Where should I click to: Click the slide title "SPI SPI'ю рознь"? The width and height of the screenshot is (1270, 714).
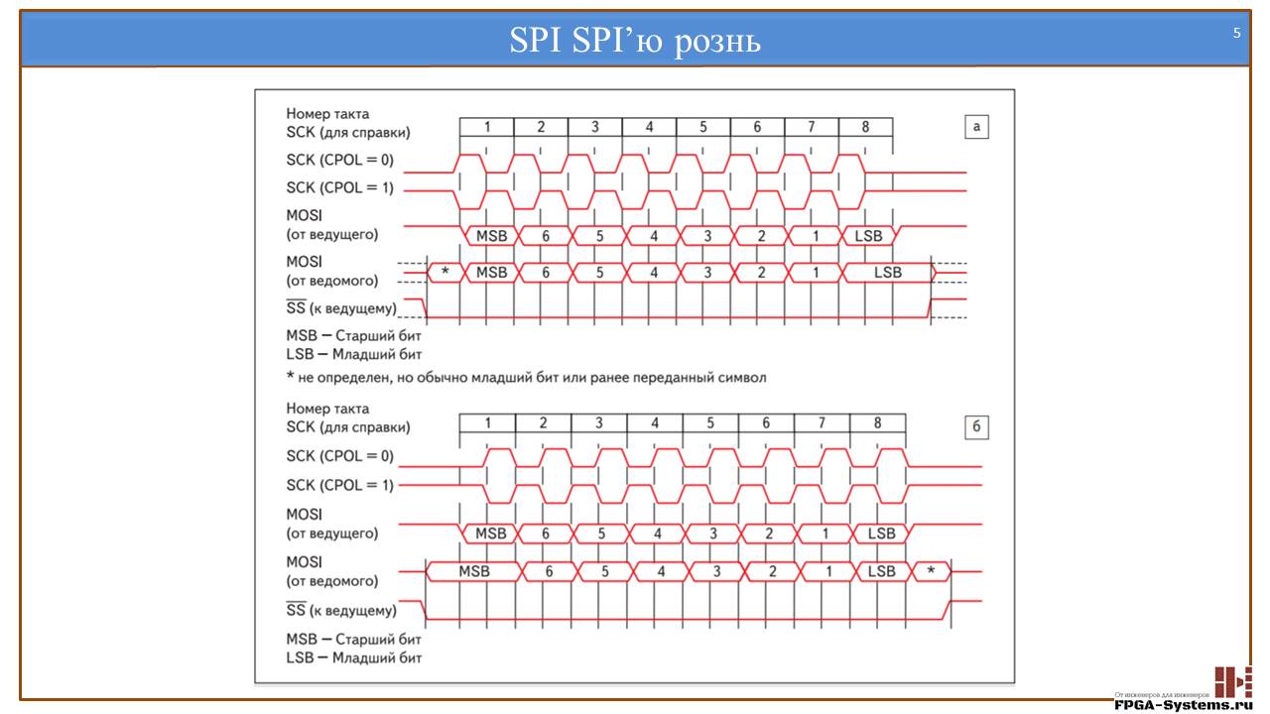tap(634, 40)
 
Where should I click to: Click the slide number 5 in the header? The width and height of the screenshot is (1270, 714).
tap(1236, 33)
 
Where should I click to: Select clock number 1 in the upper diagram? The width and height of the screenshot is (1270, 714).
tap(487, 127)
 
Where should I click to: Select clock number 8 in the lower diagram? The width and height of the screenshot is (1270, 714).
tap(877, 423)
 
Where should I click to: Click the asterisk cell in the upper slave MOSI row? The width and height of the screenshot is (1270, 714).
tap(445, 272)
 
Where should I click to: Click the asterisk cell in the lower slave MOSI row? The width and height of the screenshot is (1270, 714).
tap(930, 571)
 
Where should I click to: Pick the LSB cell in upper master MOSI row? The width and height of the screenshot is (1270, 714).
tap(867, 236)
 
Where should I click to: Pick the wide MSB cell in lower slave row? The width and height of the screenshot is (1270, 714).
tap(474, 571)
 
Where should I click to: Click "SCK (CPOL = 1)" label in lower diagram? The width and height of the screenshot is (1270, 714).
tap(339, 485)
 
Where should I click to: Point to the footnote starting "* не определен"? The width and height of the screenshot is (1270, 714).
tap(526, 378)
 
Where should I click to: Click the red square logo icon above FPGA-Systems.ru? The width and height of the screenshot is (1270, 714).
tap(1233, 681)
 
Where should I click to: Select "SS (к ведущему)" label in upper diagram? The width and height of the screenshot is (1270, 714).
tap(341, 308)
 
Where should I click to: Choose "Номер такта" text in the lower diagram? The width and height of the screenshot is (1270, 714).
tap(327, 409)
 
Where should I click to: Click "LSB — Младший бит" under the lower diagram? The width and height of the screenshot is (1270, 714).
tap(354, 656)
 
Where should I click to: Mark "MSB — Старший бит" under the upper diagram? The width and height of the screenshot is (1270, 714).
tap(354, 335)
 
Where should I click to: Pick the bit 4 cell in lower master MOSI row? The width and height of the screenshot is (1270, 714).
tap(655, 534)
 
